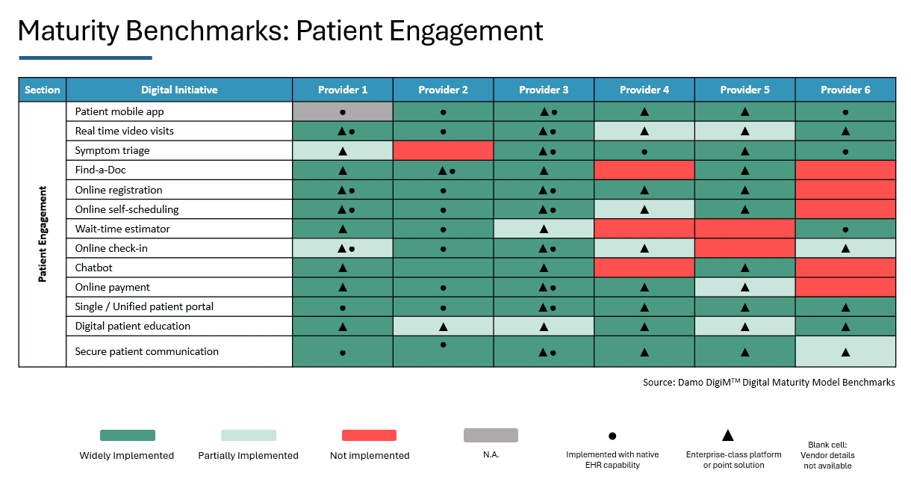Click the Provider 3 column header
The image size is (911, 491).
544,90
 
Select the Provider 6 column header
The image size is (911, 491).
845,90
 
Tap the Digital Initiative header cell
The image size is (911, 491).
179,90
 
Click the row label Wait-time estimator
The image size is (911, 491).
122,229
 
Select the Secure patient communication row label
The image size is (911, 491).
147,351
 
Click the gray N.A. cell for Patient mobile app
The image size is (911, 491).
343,111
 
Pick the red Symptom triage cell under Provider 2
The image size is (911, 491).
443,150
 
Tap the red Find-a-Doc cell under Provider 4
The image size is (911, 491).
644,170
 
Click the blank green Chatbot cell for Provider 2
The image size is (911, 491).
443,268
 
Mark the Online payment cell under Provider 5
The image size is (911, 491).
744,287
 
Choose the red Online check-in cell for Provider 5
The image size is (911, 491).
744,248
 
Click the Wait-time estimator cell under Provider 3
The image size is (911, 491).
544,229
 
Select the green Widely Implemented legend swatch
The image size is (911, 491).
128,435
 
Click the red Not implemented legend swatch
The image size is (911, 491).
369,435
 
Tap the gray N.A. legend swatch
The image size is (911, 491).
491,435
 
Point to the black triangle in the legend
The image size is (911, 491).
728,435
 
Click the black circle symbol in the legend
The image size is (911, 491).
612,436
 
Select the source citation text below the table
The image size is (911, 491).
768,382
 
